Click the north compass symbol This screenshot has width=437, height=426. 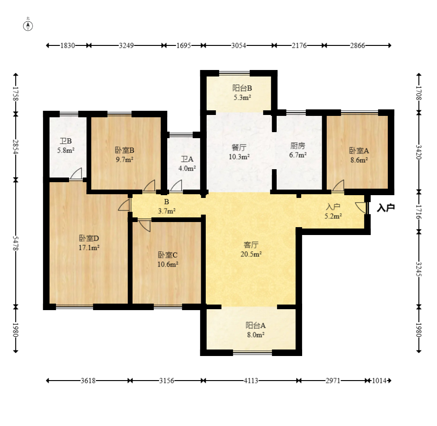(x=28, y=25)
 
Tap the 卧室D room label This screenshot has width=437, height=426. (x=89, y=238)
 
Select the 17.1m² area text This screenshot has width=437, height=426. (x=89, y=248)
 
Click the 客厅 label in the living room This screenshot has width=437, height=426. (x=251, y=245)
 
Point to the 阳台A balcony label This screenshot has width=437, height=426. (x=255, y=325)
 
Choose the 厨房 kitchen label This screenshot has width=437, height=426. (x=298, y=146)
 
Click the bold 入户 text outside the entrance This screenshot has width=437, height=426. (x=386, y=208)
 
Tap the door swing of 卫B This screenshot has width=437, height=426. (x=76, y=173)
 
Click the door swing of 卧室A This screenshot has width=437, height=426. (x=338, y=186)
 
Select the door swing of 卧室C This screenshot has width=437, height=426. (x=145, y=226)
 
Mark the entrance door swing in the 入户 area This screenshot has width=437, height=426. (x=361, y=208)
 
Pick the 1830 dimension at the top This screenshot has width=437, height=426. (x=68, y=45)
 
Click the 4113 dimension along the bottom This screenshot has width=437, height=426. (x=251, y=381)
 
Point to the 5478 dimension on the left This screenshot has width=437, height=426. (x=16, y=243)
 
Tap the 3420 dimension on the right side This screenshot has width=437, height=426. (x=418, y=152)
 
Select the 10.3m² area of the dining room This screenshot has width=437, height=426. (x=239, y=157)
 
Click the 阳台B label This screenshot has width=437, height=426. (x=242, y=88)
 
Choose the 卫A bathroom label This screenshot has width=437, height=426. (x=187, y=159)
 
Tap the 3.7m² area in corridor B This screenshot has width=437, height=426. (x=167, y=211)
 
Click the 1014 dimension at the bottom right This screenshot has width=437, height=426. (x=380, y=381)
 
